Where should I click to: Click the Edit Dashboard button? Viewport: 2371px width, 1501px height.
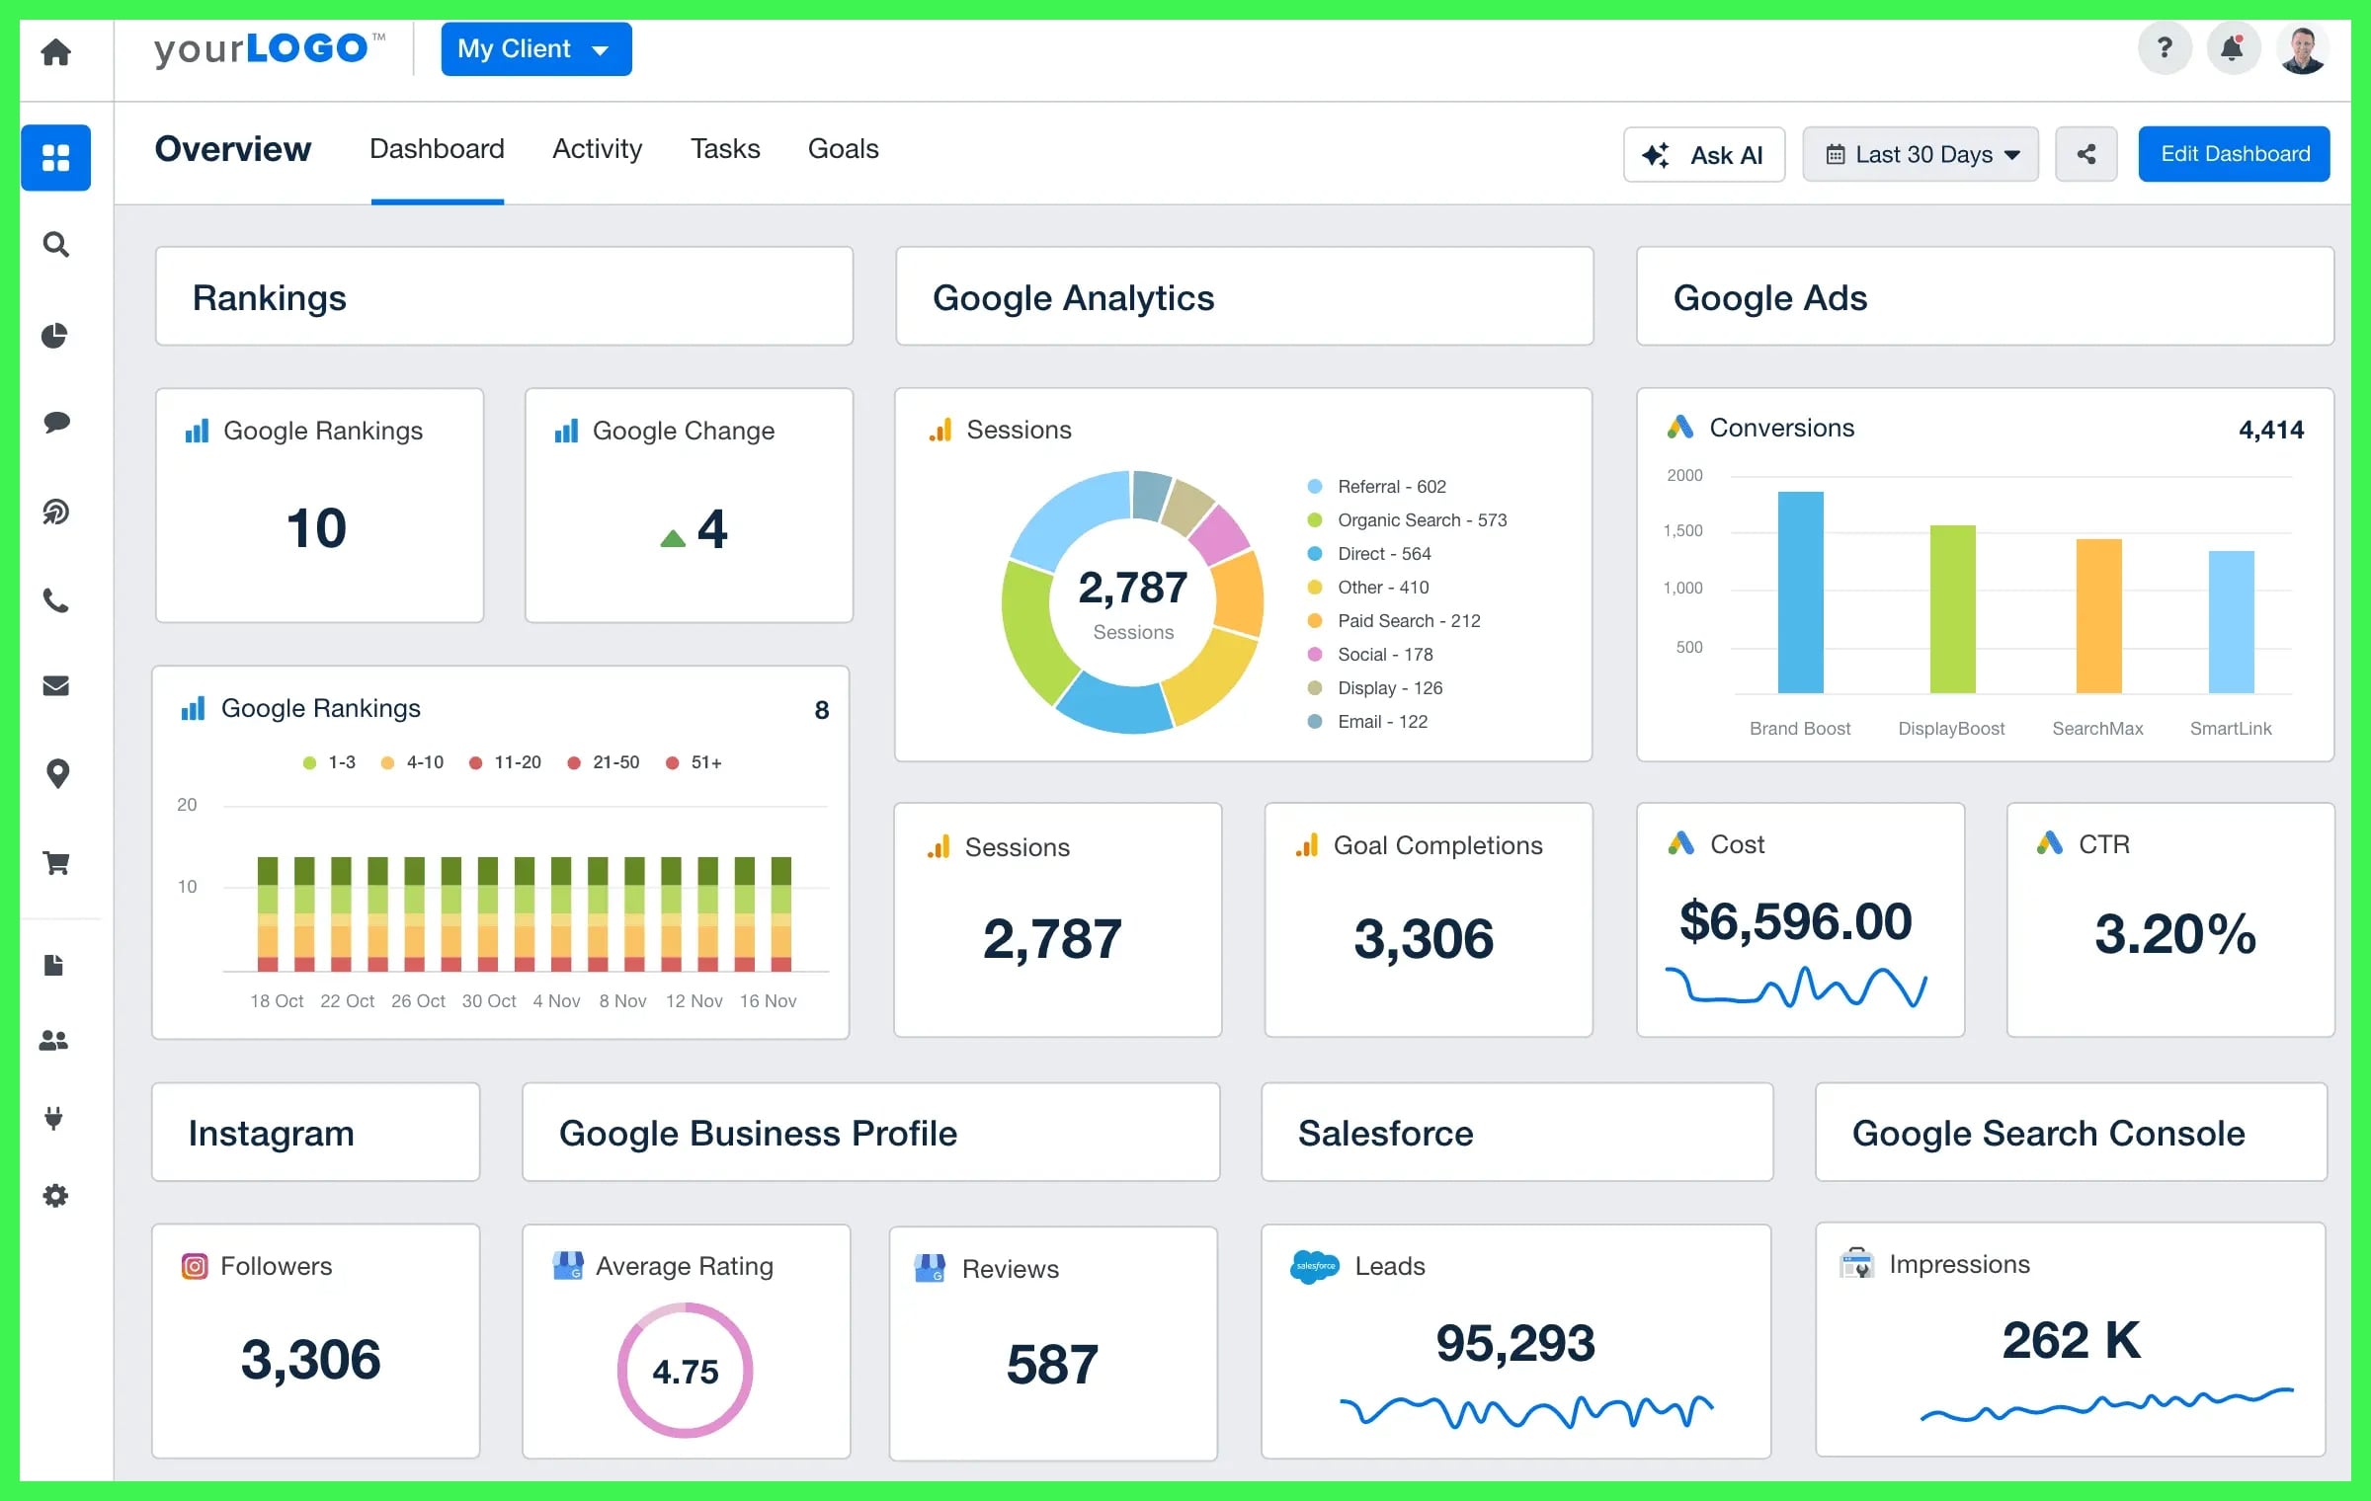(2234, 154)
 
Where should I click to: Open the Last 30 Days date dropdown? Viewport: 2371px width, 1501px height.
(1920, 155)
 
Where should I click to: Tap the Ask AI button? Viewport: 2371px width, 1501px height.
(1703, 155)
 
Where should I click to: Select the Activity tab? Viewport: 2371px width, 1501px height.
(597, 149)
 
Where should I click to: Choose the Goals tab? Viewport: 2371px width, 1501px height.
(843, 149)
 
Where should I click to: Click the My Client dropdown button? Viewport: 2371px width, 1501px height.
(535, 49)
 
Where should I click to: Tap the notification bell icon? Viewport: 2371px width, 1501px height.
(2232, 48)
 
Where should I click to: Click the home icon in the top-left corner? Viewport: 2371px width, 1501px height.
(56, 51)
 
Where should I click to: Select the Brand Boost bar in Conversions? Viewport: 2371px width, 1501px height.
(1800, 592)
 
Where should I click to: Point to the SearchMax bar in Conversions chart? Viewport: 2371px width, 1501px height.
(2098, 616)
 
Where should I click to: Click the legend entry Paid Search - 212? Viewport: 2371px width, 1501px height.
(1408, 621)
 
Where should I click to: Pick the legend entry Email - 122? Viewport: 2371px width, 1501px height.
(1382, 722)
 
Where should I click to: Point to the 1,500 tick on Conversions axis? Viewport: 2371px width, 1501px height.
(1683, 531)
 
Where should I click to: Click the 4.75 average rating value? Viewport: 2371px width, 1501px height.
(685, 1372)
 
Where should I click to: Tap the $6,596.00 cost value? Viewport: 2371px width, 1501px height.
(1795, 921)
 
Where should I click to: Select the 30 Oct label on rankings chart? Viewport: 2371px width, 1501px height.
(489, 1001)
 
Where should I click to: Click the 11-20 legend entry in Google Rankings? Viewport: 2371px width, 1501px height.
(517, 762)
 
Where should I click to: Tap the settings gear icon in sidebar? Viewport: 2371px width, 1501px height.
(56, 1196)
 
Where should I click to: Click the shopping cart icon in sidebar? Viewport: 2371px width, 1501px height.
(56, 864)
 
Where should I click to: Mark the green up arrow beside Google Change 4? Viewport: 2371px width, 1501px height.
(673, 538)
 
